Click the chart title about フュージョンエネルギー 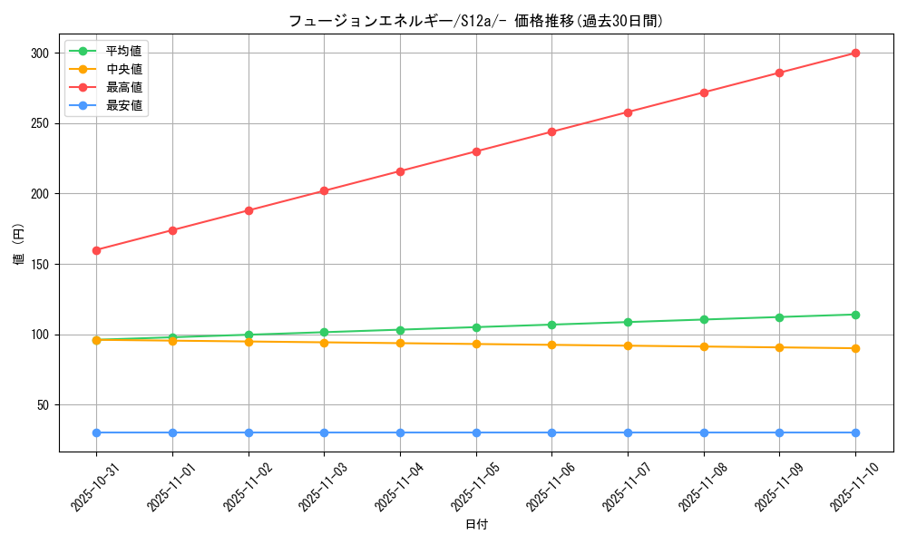pos(475,21)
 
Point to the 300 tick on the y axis pos(38,53)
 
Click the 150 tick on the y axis pos(38,265)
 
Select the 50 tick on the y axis pos(42,405)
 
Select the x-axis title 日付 pos(476,525)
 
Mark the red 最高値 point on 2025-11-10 pos(855,53)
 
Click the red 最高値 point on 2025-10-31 pos(96,250)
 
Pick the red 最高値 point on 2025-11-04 pos(400,171)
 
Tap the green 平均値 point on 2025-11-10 pos(855,315)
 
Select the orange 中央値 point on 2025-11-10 pos(855,348)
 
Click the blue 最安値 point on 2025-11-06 pos(551,432)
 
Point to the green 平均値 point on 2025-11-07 pos(628,322)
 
